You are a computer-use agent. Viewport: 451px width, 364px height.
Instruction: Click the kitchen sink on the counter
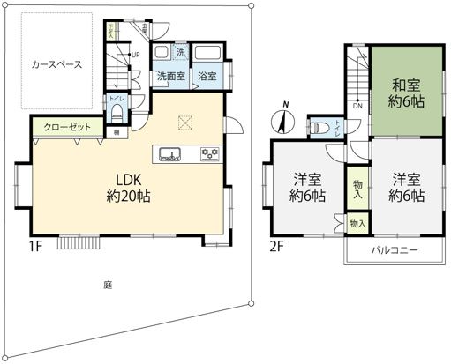[x=169, y=155]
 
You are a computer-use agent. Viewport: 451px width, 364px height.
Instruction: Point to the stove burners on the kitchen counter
[x=211, y=155]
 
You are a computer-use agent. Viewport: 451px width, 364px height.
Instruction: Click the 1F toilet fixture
[x=117, y=112]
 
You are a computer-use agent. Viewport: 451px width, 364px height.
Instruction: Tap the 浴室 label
[x=207, y=77]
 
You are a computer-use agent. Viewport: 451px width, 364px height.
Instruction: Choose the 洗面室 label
[x=170, y=77]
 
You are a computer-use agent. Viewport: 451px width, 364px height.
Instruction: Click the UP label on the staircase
[x=135, y=56]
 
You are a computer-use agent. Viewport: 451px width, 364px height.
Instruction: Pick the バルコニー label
[x=394, y=251]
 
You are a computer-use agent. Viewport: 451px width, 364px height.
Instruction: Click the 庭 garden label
[x=107, y=285]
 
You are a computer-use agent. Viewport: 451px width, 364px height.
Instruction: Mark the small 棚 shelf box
[x=117, y=132]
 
